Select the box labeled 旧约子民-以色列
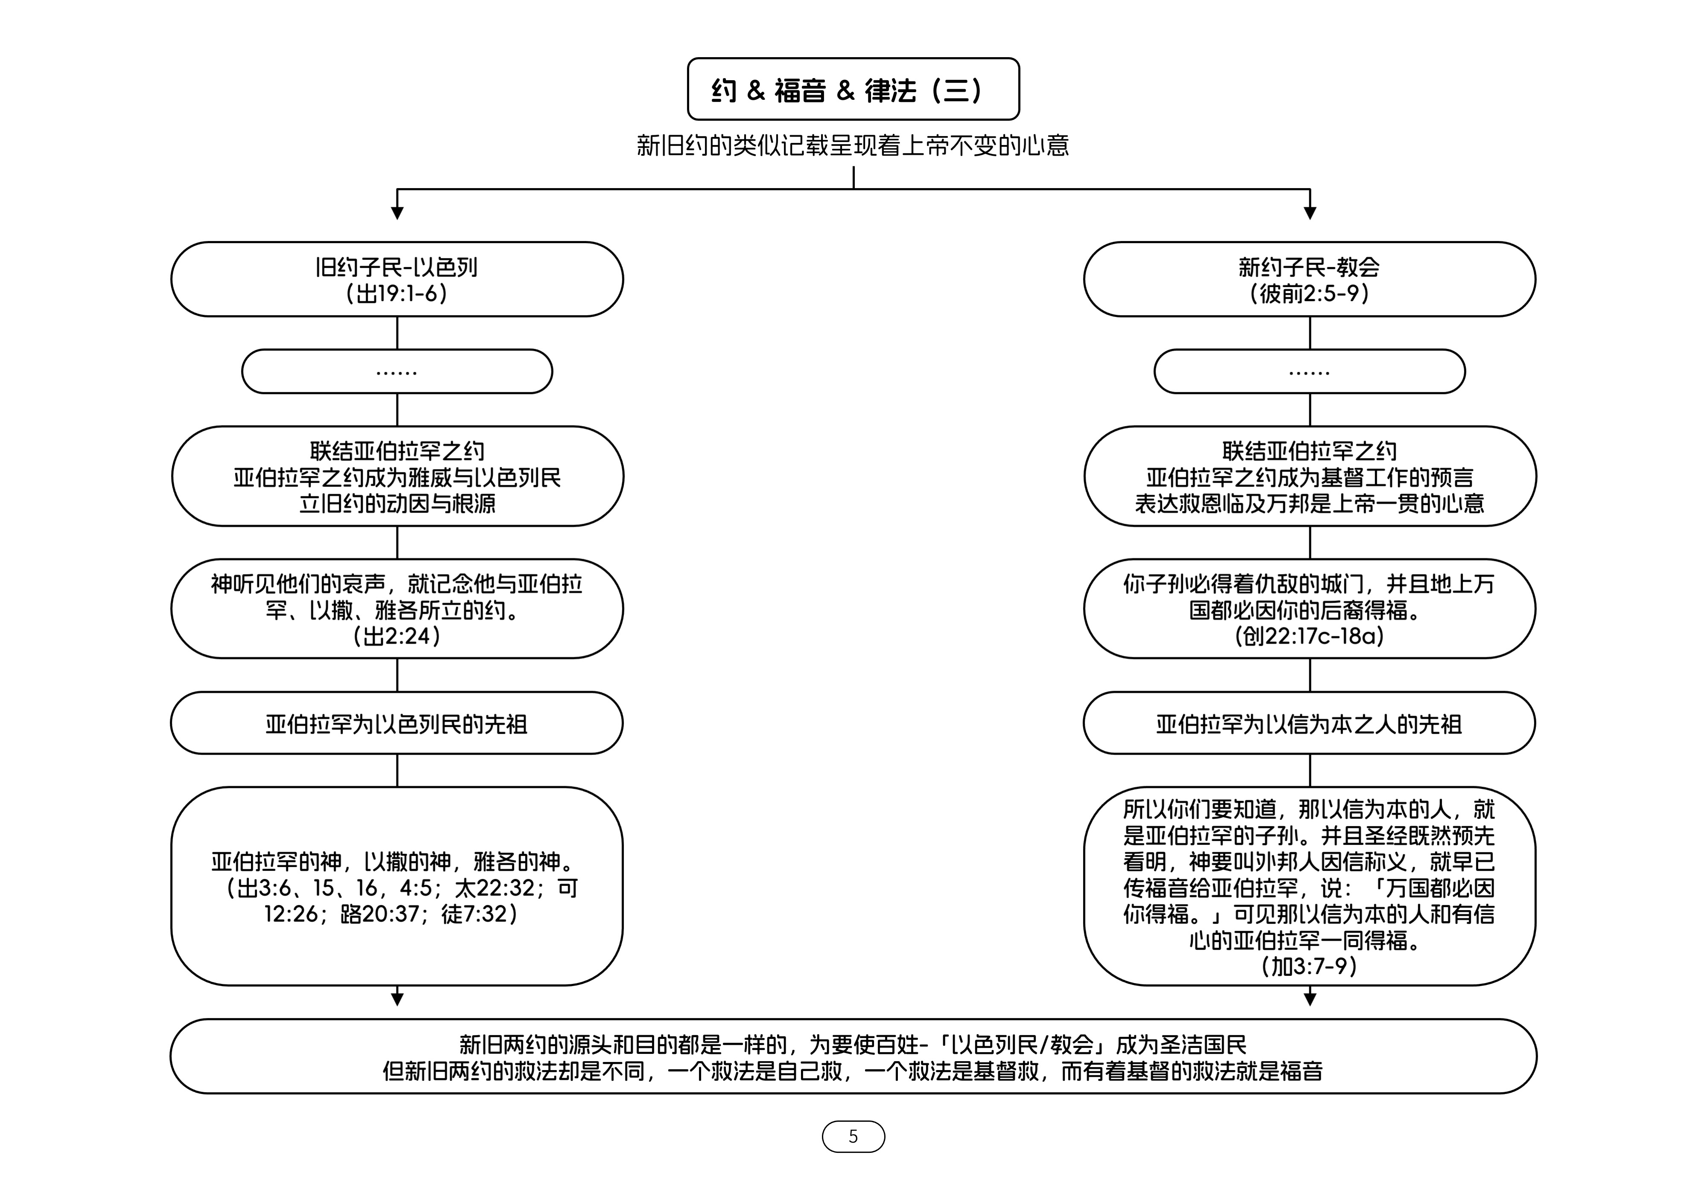tap(397, 279)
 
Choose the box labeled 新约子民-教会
tap(1310, 279)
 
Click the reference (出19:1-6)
tap(397, 294)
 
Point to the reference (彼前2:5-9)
tap(1310, 294)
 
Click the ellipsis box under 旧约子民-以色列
tap(397, 371)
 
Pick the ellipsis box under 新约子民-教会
tap(1310, 371)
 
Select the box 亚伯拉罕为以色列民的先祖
tap(397, 723)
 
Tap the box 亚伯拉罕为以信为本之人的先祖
tap(1310, 723)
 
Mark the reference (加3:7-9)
tap(1310, 966)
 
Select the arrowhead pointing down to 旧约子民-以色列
tap(397, 213)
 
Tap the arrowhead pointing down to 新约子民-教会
tap(1310, 213)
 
